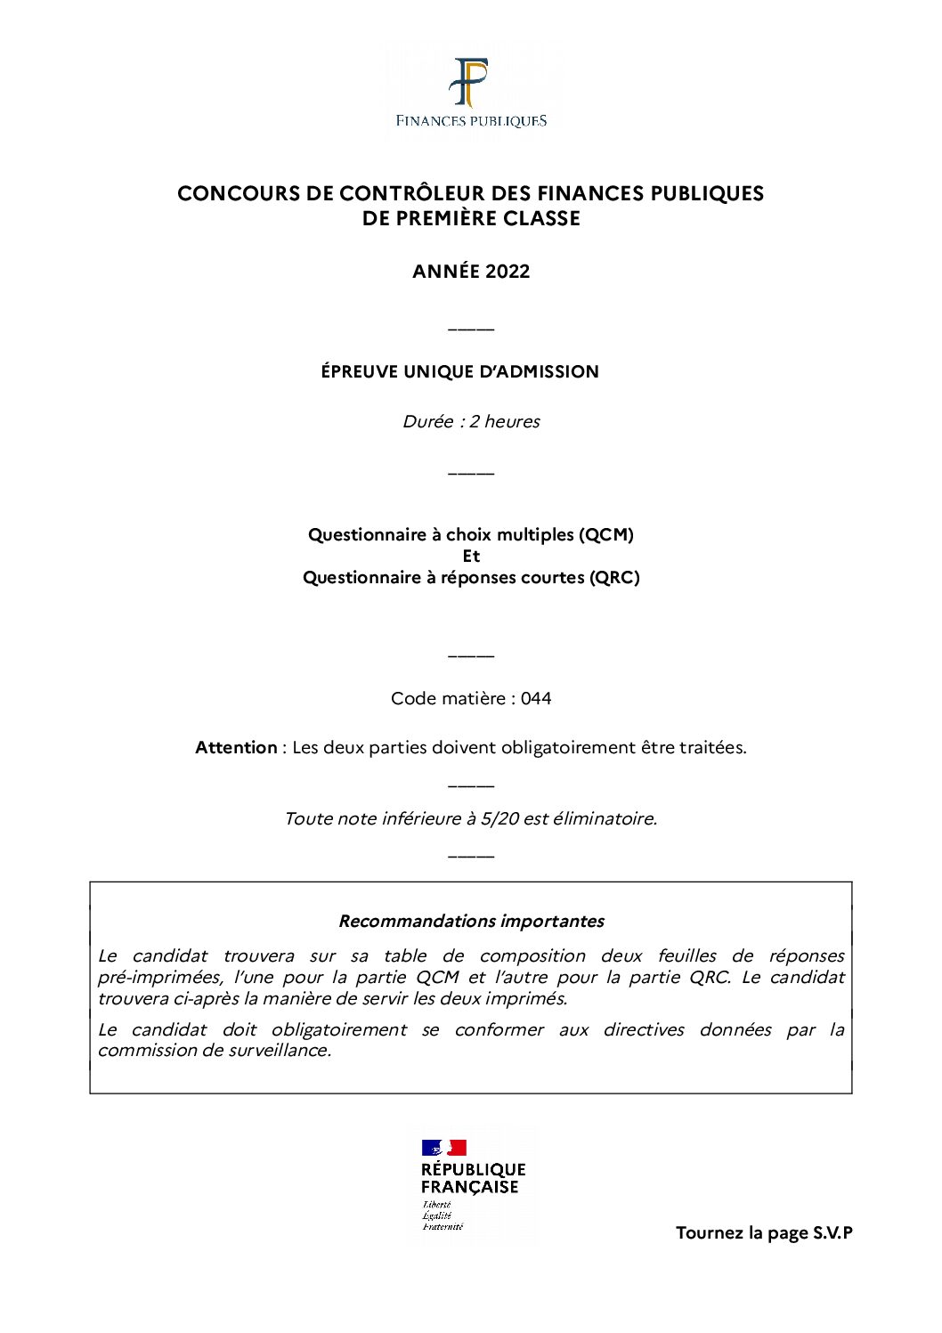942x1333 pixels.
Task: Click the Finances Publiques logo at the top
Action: click(471, 92)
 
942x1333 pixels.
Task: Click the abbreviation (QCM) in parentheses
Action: click(606, 534)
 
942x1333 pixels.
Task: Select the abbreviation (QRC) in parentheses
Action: click(614, 577)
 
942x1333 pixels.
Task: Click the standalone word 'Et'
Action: click(471, 556)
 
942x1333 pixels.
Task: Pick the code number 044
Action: click(536, 698)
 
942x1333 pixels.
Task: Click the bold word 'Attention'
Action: click(236, 747)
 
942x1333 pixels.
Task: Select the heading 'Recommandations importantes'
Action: click(471, 921)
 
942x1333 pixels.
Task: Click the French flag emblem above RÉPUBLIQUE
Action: click(444, 1148)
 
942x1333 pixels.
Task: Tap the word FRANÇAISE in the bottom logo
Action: click(469, 1187)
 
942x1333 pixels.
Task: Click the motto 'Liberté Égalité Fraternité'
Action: click(437, 1215)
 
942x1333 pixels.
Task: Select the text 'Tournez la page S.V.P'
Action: click(764, 1232)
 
